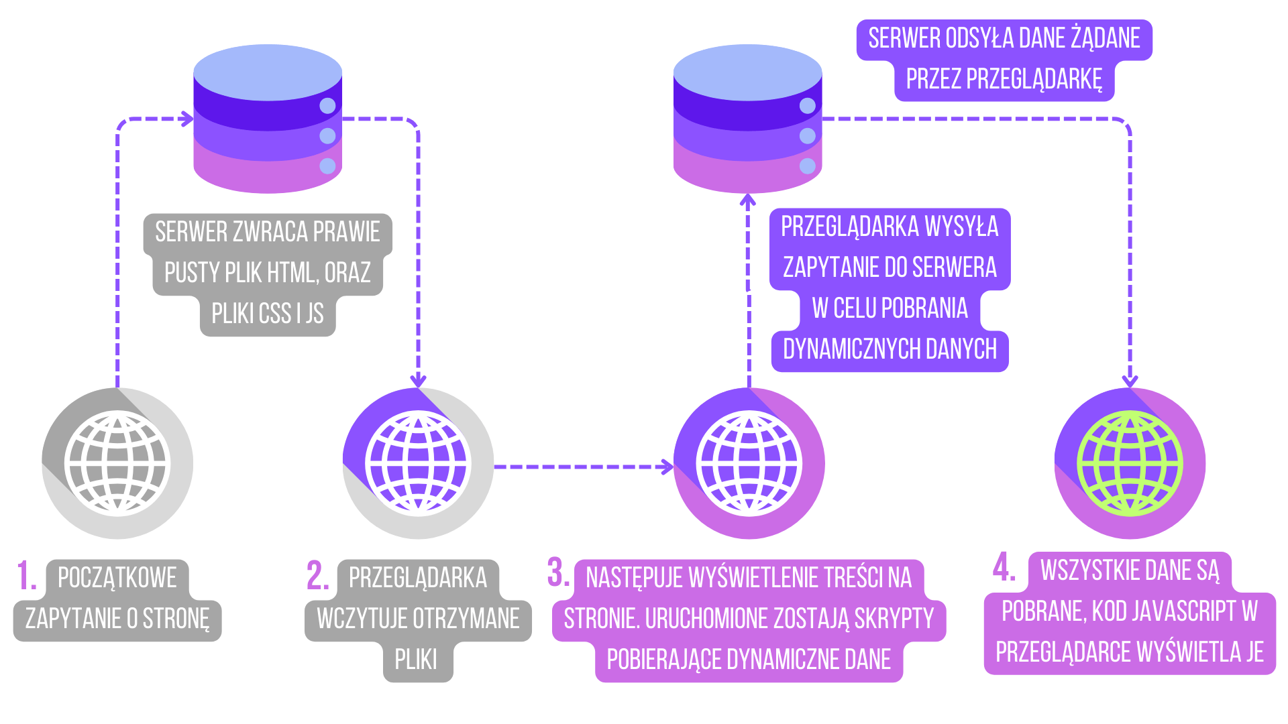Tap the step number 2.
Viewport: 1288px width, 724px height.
pos(317,577)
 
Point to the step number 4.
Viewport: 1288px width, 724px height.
pos(1004,568)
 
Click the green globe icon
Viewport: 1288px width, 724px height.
pos(1130,463)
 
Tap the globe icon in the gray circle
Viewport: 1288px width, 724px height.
pos(117,463)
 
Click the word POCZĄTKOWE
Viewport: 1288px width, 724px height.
pos(117,578)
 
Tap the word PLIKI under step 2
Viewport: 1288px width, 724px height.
pos(416,660)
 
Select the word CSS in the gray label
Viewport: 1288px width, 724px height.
pos(275,314)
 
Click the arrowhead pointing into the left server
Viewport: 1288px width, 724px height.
pos(187,119)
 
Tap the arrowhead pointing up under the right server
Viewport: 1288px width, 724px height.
pos(748,200)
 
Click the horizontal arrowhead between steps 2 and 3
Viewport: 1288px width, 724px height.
pos(667,467)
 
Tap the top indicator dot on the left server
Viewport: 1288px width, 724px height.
pos(327,106)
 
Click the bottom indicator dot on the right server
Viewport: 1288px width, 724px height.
pos(808,166)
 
